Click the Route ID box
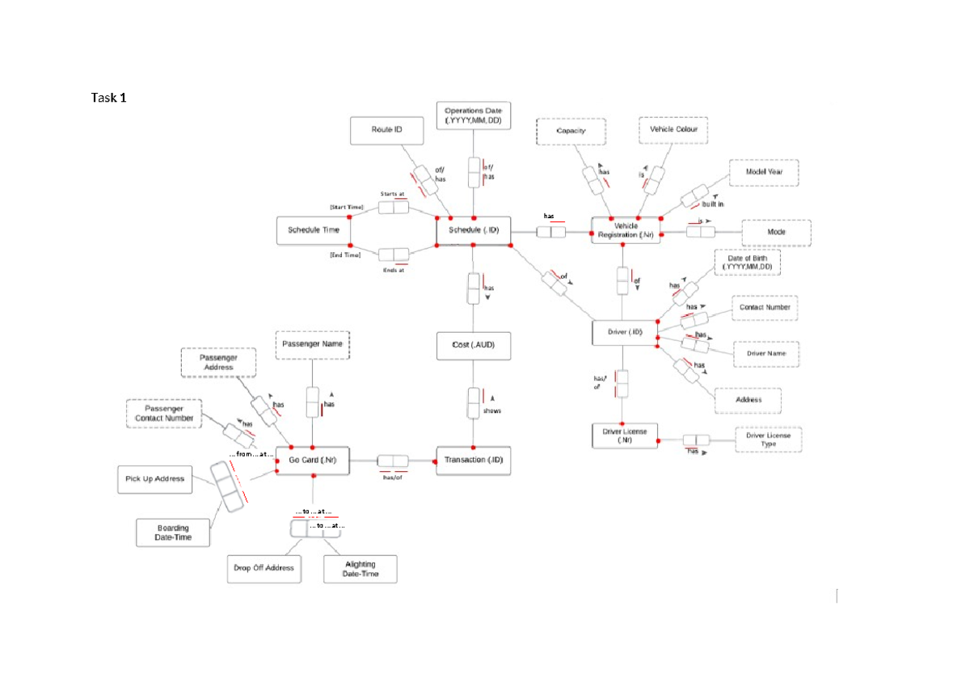(x=386, y=130)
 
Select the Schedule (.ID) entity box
(x=473, y=230)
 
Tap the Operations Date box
(x=473, y=116)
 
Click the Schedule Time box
(x=314, y=230)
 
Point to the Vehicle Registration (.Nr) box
(x=626, y=230)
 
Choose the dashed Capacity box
(x=571, y=131)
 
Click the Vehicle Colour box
(x=673, y=130)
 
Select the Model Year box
(x=763, y=172)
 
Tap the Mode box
(x=775, y=232)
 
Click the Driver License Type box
(x=768, y=440)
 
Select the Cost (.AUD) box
(x=473, y=345)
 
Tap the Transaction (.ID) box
(x=473, y=461)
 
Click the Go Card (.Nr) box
(x=313, y=461)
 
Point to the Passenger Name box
(x=312, y=344)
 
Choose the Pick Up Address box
(x=155, y=479)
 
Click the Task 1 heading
(x=108, y=98)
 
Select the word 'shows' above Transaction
(x=491, y=410)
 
